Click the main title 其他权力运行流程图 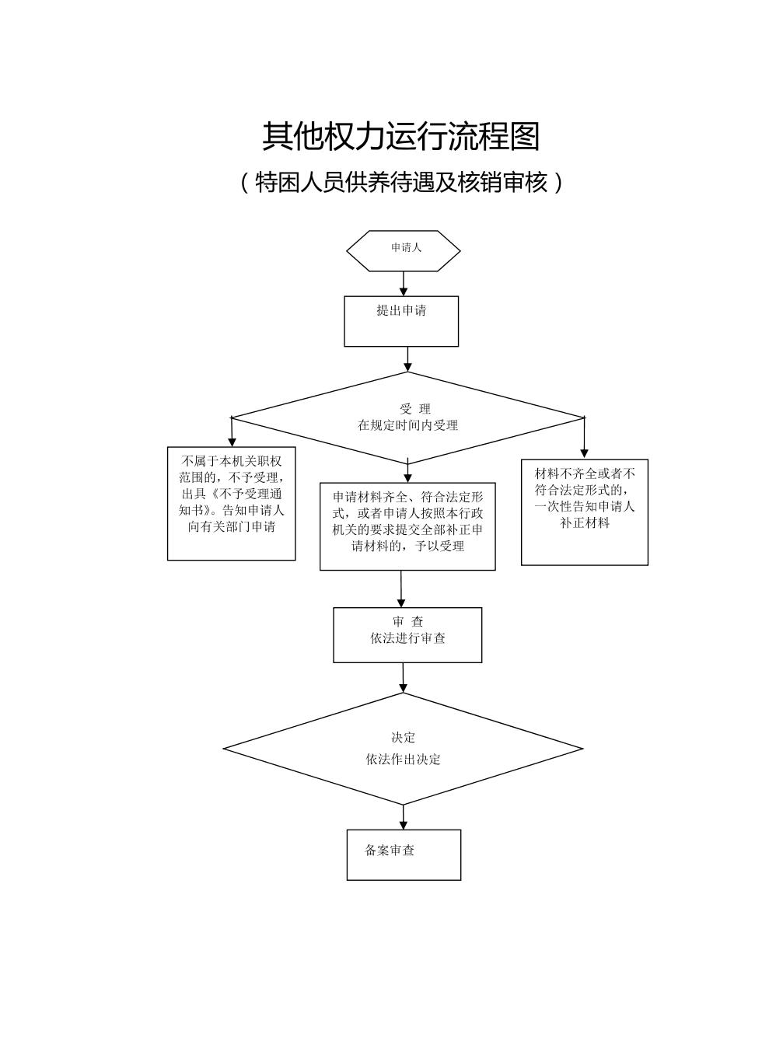400,136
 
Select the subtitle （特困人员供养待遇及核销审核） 400,183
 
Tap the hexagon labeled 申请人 404,250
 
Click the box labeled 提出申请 401,320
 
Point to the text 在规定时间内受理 407,425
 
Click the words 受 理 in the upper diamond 415,409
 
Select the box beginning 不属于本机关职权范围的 232,503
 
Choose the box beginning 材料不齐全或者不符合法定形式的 585,512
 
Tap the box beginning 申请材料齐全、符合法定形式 407,526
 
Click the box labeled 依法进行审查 407,635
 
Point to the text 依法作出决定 403,760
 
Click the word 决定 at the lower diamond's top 403,738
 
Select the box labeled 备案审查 404,854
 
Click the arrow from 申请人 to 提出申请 404,284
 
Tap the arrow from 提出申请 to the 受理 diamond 407,359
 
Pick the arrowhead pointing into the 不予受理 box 232,441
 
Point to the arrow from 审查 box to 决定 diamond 403,678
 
